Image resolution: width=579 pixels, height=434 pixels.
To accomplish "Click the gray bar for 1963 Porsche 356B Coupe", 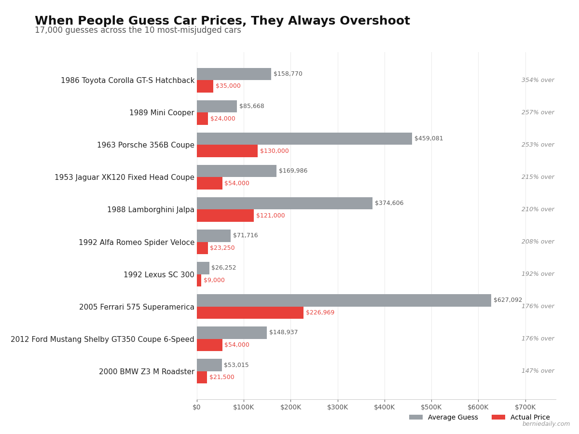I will (x=304, y=139).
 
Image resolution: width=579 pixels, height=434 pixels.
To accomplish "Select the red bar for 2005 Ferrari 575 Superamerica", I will (x=250, y=312).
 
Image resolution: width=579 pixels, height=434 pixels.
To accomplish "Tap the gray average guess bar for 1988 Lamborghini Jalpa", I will (x=285, y=203).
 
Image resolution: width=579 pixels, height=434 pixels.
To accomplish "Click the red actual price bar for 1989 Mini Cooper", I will (x=202, y=119).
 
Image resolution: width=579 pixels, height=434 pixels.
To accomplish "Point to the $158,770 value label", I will (x=288, y=74).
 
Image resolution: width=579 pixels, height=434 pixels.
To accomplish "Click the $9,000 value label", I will (x=214, y=280).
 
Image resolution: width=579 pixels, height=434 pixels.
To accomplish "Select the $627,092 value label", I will (x=508, y=300).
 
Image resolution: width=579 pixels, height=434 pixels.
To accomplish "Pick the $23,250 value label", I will (x=222, y=248).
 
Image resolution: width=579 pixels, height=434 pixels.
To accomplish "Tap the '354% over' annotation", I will (x=538, y=80).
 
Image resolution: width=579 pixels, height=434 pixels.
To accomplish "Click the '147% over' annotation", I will (x=538, y=371).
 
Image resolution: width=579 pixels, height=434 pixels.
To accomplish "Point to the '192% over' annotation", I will (x=538, y=274).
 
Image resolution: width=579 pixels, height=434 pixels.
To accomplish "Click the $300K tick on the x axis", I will (x=338, y=407).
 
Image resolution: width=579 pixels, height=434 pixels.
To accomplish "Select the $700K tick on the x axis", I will (x=525, y=407).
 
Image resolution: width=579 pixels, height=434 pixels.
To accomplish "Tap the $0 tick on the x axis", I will (x=197, y=407).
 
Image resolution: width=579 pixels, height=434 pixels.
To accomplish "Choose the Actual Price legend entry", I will (x=521, y=418).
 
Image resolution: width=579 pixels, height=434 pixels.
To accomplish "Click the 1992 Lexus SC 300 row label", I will (x=159, y=275).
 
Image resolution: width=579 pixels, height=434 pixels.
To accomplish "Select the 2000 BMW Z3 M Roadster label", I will (x=147, y=372).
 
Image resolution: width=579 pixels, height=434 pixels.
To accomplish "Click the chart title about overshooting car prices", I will (x=222, y=21).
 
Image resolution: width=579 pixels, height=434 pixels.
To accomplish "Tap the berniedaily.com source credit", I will (x=546, y=424).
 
